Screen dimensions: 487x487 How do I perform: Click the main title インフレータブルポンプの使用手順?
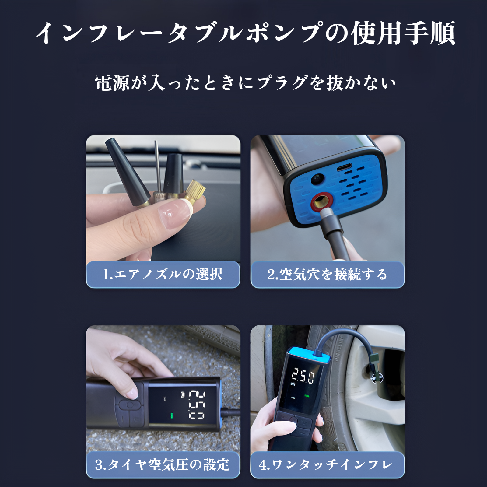pyautogui.click(x=245, y=33)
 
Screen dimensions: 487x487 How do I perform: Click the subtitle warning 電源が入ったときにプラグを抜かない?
pyautogui.click(x=245, y=83)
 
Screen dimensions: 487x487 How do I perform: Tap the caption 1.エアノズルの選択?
pyautogui.click(x=163, y=274)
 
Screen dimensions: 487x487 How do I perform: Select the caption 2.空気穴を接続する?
pyautogui.click(x=327, y=274)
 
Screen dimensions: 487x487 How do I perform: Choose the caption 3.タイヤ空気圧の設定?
pyautogui.click(x=163, y=464)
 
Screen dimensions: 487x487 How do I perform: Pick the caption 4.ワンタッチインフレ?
pyautogui.click(x=327, y=464)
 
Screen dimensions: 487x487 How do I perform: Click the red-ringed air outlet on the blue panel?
pyautogui.click(x=321, y=201)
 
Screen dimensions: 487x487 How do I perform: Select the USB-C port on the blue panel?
pyautogui.click(x=344, y=167)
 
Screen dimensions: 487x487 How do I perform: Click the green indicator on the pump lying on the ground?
pyautogui.click(x=171, y=416)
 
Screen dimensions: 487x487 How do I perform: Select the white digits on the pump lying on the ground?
pyautogui.click(x=197, y=405)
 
